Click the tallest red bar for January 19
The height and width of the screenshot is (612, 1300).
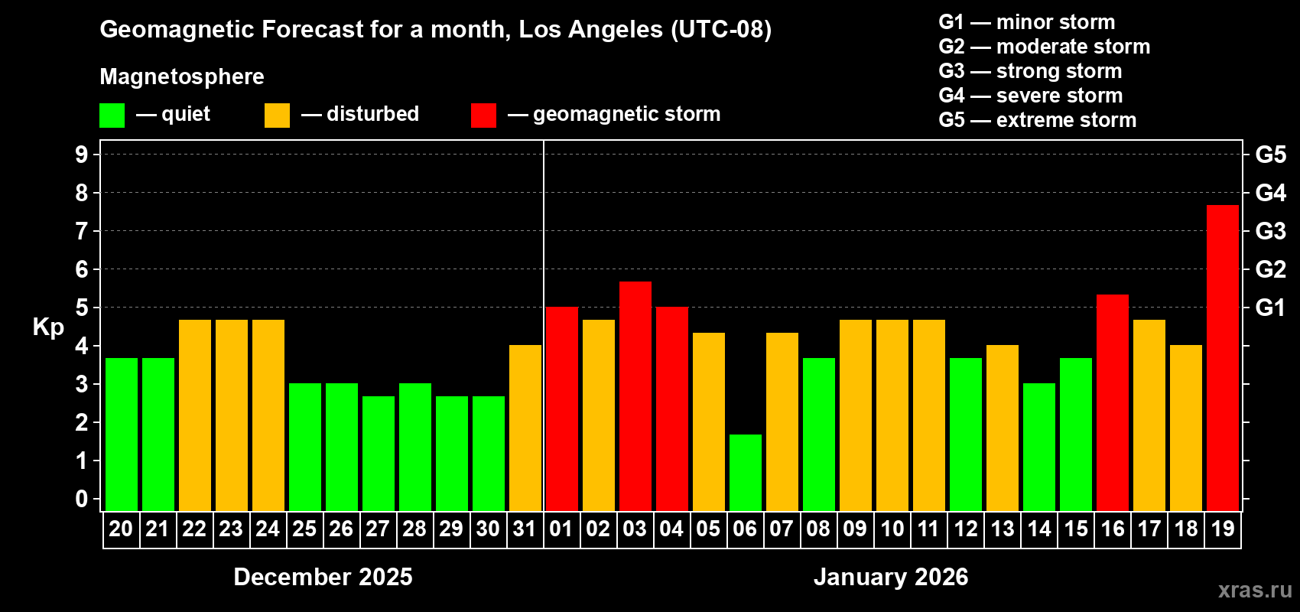(x=1222, y=357)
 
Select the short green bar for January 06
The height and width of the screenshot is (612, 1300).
(x=745, y=472)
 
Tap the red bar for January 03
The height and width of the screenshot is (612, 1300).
(x=635, y=396)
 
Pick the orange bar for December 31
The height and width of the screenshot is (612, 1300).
(x=525, y=428)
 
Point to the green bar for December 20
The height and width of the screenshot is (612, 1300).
(x=121, y=434)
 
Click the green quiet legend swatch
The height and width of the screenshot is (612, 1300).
(x=112, y=116)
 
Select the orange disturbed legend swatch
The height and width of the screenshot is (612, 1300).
(x=277, y=116)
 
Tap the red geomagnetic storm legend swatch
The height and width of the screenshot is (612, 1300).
(x=483, y=116)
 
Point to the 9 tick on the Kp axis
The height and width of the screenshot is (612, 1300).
(x=82, y=155)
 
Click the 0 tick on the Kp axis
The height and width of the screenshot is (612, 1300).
(x=82, y=499)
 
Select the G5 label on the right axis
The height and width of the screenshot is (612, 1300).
(x=1270, y=155)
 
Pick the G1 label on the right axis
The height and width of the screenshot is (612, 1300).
(x=1270, y=308)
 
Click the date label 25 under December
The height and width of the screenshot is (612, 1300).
(x=304, y=529)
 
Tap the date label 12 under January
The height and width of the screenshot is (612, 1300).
(x=965, y=529)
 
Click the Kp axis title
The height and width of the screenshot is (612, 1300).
(x=48, y=327)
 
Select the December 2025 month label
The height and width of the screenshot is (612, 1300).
(x=323, y=577)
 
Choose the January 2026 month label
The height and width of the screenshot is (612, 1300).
(x=891, y=577)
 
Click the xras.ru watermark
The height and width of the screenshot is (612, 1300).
(x=1254, y=590)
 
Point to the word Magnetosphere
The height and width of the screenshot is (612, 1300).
(x=182, y=76)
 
